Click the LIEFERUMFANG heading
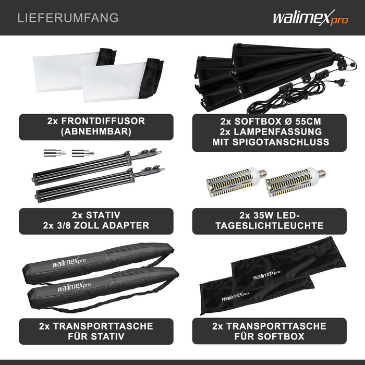coord(68,18)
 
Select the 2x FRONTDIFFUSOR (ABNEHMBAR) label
coord(95,126)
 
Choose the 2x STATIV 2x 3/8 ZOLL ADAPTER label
coord(95,221)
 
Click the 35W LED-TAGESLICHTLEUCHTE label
coord(269,221)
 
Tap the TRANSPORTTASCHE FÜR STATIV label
coord(95,331)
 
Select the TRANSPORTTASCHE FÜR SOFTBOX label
coord(269,331)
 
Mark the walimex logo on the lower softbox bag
coord(235,298)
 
